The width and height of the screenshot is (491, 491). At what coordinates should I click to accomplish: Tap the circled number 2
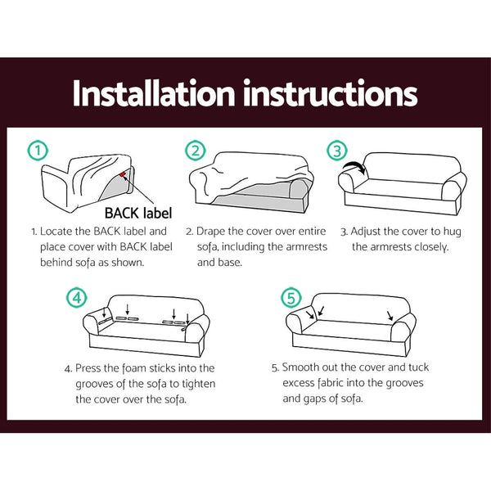pos(194,151)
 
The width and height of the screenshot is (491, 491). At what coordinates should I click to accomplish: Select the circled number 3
pos(337,151)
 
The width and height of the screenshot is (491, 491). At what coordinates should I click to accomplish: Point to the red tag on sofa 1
pos(123,173)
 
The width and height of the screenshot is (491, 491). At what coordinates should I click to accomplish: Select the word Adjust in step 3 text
pos(371,232)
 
